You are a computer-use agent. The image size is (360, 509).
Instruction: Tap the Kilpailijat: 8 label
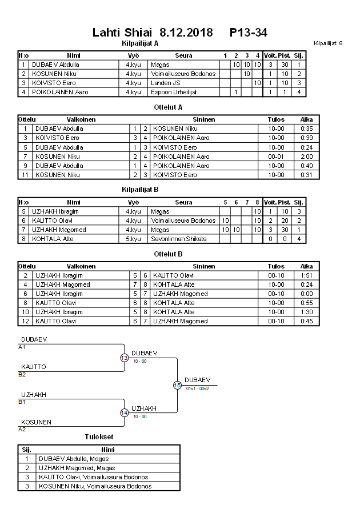click(328, 43)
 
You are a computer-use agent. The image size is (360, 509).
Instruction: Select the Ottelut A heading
click(168, 107)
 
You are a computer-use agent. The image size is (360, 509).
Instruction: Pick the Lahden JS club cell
click(166, 83)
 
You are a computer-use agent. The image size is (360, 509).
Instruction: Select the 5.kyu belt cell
click(133, 239)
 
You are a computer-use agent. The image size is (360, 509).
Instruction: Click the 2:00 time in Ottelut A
click(306, 157)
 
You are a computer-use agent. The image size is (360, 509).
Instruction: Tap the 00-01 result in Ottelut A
click(276, 157)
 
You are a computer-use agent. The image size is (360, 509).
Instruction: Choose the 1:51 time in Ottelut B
click(306, 275)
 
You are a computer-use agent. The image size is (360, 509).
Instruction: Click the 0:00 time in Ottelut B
click(306, 294)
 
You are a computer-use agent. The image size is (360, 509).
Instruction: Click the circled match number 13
click(125, 358)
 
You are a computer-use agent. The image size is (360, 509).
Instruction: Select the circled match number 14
click(125, 413)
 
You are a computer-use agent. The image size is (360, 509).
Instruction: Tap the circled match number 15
click(177, 386)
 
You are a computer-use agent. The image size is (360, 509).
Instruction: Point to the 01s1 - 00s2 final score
click(197, 388)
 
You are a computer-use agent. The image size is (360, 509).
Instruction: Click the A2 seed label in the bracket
click(22, 429)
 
